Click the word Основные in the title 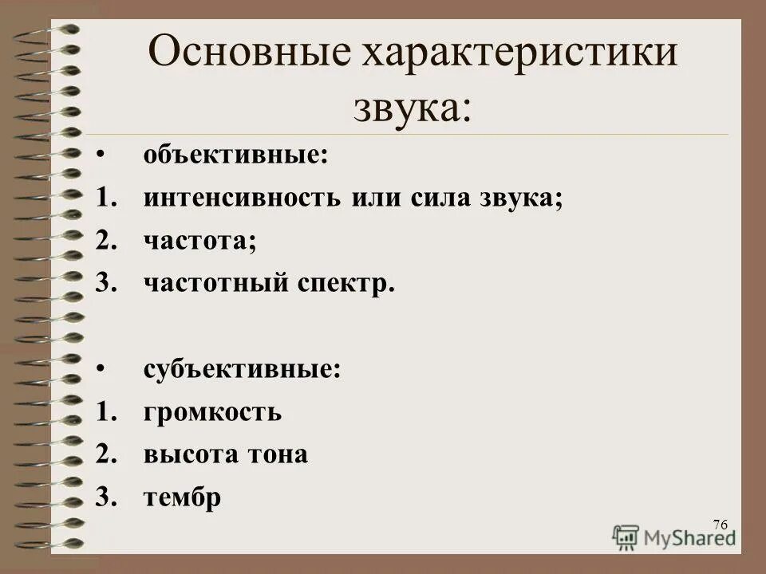pos(248,55)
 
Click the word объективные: pos(236,155)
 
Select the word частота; pos(200,241)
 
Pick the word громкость pos(212,413)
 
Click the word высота pos(188,455)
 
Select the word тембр pos(182,497)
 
